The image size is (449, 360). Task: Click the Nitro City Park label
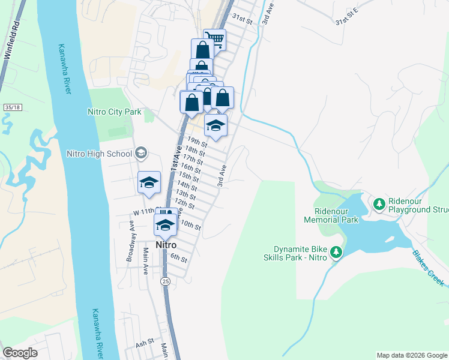pyautogui.click(x=114, y=112)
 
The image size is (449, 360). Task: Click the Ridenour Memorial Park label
pyautogui.click(x=336, y=215)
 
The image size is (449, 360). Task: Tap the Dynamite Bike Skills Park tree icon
pyautogui.click(x=337, y=252)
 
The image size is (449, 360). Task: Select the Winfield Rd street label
pyautogui.click(x=9, y=40)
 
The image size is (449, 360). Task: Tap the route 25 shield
pyautogui.click(x=165, y=280)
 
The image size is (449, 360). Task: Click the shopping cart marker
pyautogui.click(x=215, y=40)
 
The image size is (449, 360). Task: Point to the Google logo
pyautogui.click(x=21, y=352)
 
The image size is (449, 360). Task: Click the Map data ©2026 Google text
pyautogui.click(x=411, y=355)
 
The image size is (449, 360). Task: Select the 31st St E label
pyautogui.click(x=346, y=24)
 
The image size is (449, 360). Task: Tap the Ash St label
pyautogui.click(x=145, y=344)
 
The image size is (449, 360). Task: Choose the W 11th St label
pyautogui.click(x=144, y=212)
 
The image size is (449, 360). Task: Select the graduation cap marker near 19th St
pyautogui.click(x=215, y=125)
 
